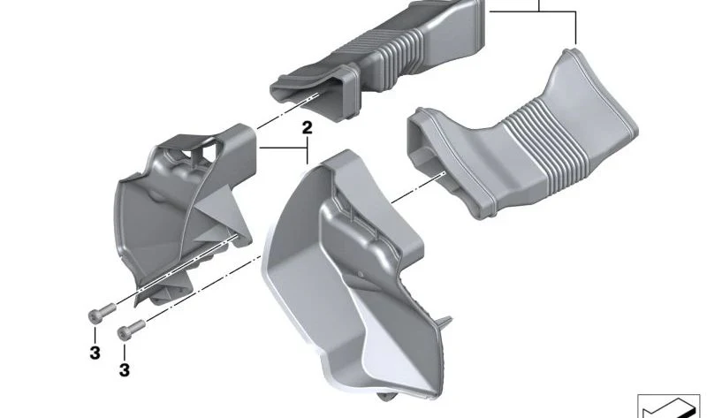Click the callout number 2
click(307, 127)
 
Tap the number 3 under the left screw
click(95, 353)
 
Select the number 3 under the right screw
click(125, 370)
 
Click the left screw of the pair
click(102, 313)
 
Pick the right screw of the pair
click(131, 330)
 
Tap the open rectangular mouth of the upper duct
click(315, 97)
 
